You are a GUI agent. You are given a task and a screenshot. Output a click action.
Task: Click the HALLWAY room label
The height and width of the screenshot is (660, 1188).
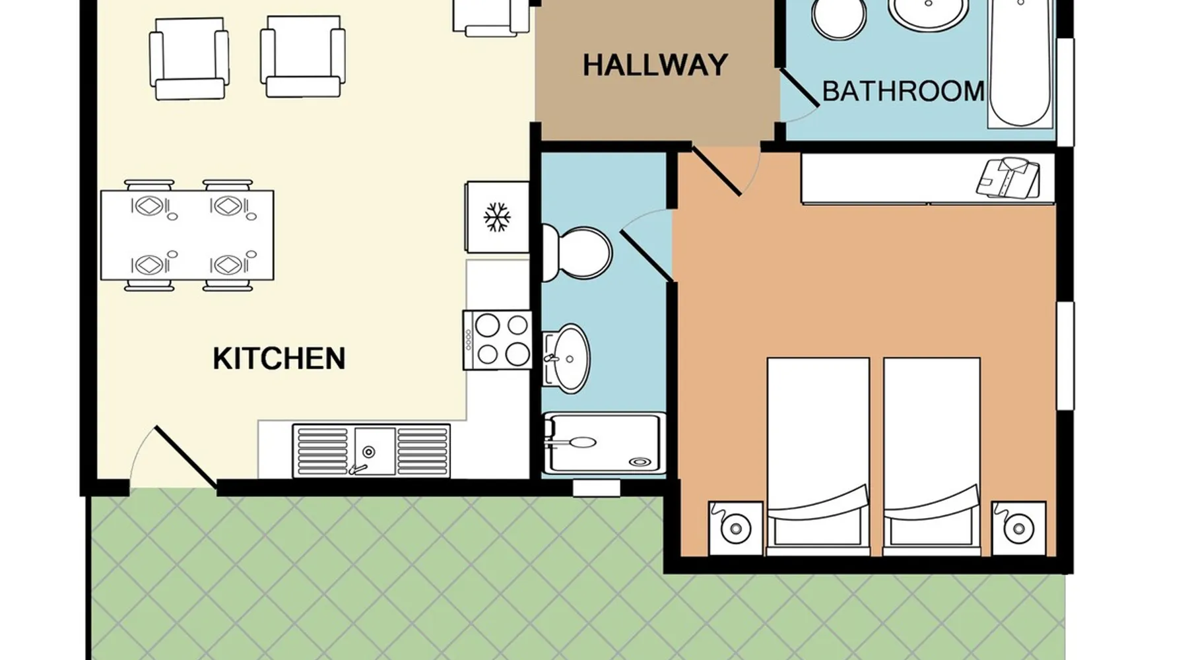pyautogui.click(x=655, y=65)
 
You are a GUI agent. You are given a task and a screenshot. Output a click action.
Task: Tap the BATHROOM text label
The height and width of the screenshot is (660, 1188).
pyautogui.click(x=903, y=91)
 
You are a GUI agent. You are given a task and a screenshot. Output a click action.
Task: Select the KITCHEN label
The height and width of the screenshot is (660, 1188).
pyautogui.click(x=279, y=358)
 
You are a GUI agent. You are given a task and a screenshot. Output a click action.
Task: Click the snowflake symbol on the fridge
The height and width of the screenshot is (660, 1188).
pyautogui.click(x=497, y=218)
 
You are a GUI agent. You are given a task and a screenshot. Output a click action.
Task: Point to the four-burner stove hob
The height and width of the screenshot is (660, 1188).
pyautogui.click(x=498, y=340)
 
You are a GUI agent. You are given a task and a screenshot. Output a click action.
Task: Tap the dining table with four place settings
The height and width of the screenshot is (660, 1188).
pyautogui.click(x=187, y=235)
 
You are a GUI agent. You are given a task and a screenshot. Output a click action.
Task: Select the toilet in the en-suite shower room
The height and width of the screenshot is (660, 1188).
pyautogui.click(x=576, y=253)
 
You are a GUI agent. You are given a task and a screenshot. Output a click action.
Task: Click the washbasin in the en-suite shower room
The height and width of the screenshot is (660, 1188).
pyautogui.click(x=566, y=358)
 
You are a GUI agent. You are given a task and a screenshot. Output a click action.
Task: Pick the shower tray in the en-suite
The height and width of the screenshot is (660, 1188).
pyautogui.click(x=604, y=444)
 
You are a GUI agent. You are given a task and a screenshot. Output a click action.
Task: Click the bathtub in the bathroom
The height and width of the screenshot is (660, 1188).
pyautogui.click(x=1020, y=63)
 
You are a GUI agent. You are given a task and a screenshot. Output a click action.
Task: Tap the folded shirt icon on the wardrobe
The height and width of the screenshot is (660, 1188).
pyautogui.click(x=1008, y=178)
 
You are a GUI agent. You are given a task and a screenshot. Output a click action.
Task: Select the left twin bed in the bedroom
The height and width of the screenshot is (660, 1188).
pyautogui.click(x=818, y=456)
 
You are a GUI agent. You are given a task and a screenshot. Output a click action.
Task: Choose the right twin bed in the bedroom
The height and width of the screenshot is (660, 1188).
pyautogui.click(x=931, y=456)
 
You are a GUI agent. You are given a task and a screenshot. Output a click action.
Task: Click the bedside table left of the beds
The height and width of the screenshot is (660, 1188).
pyautogui.click(x=735, y=528)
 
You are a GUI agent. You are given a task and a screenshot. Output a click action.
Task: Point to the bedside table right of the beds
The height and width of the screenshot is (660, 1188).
pyautogui.click(x=1019, y=528)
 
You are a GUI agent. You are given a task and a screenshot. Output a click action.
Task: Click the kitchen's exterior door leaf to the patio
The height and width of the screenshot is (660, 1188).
pyautogui.click(x=185, y=457)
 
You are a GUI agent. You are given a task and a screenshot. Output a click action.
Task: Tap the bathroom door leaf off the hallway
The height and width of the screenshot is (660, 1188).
pyautogui.click(x=800, y=87)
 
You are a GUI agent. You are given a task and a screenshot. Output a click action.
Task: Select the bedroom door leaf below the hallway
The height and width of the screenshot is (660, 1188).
pyautogui.click(x=716, y=172)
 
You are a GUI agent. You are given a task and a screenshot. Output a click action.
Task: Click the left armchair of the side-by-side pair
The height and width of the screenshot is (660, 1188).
pyautogui.click(x=189, y=58)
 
